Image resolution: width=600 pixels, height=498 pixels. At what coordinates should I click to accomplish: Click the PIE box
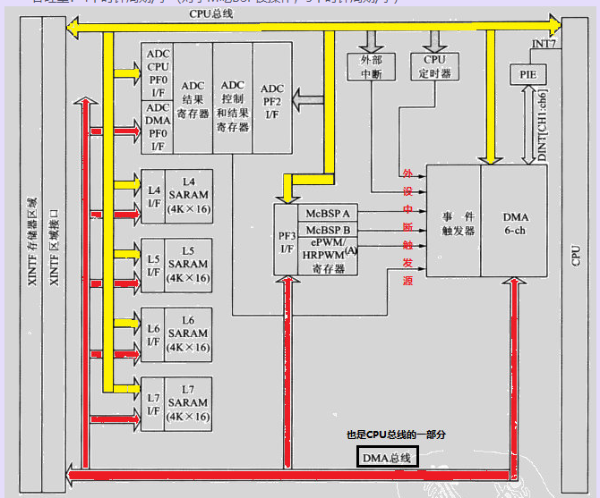[527, 75]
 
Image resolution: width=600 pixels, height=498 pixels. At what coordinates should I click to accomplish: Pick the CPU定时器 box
[434, 67]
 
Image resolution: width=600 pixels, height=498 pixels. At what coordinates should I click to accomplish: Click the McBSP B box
[329, 228]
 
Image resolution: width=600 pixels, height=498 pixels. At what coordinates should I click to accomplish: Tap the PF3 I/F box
[287, 241]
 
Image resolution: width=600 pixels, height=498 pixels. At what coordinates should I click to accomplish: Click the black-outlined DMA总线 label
[387, 458]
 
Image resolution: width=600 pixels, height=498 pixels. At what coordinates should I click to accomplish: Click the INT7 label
[544, 43]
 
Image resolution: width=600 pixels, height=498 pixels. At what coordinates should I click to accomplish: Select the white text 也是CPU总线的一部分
[396, 435]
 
